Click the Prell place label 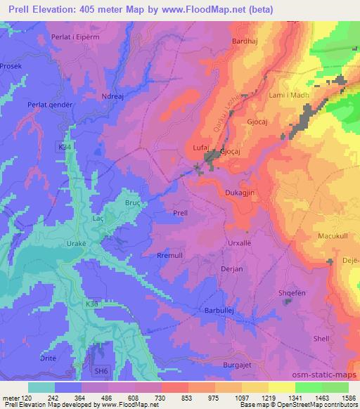click(180, 212)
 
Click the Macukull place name click(334, 235)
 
